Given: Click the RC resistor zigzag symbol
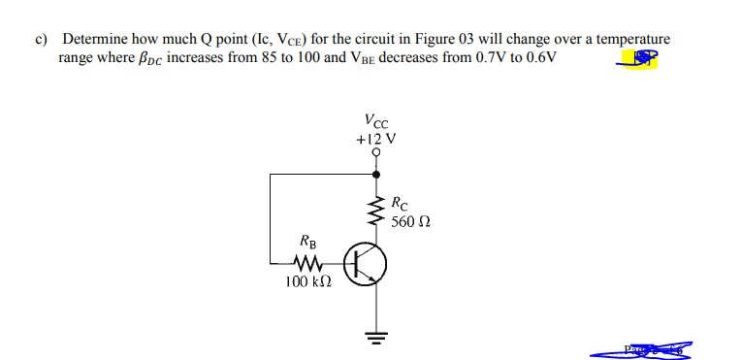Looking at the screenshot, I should pos(376,210).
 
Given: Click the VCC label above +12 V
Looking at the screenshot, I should pos(376,122).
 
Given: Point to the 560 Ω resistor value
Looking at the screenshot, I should pos(411,221).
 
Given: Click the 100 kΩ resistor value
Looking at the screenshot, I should pos(308,282).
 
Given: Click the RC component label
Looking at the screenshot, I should pos(402,204).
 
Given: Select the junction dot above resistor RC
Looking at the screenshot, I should pos(376,175).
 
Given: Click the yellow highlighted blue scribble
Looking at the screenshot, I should pos(640,61).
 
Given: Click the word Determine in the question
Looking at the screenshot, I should pos(95,40).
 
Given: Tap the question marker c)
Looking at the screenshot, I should pos(42,40).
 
